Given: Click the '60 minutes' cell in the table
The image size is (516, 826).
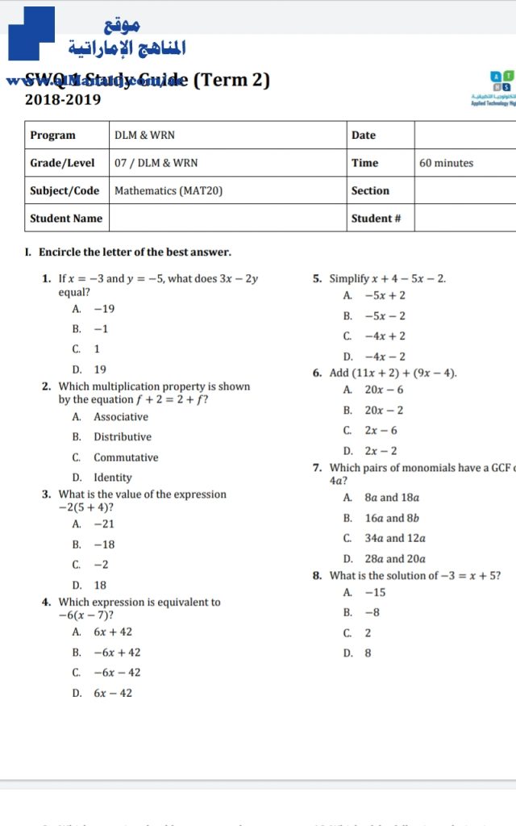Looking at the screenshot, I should pos(446,163).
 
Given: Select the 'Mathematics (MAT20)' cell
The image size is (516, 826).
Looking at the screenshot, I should pos(169,191).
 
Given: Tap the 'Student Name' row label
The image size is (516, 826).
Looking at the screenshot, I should pos(66,219).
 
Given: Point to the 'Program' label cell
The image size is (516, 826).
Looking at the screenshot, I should pos(52,136).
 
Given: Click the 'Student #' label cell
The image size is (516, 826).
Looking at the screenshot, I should pos(376,219).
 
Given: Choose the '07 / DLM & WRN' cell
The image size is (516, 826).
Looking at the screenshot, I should pos(156,163).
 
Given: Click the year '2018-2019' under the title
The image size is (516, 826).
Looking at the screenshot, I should pos(63,100).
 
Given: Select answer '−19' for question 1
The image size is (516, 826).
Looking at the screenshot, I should pos(104,309).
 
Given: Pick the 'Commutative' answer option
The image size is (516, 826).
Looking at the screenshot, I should pos(126,457).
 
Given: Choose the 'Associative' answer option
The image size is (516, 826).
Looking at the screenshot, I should pos(121,417).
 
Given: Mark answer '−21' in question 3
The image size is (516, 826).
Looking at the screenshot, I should pos(104,524).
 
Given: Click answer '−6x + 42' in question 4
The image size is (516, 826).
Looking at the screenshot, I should pos(117,653).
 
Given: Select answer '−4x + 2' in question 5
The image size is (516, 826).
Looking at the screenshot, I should pos(385,336).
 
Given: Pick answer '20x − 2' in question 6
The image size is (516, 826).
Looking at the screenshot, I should pos(384,411).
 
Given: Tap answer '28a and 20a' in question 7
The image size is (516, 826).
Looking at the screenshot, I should pos(395,559).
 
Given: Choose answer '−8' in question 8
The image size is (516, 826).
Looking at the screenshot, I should pos(372,613).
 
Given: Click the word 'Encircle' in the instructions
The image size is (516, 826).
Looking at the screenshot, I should pos(60,252).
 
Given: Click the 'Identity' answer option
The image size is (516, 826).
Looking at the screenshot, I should pos(113,478).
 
